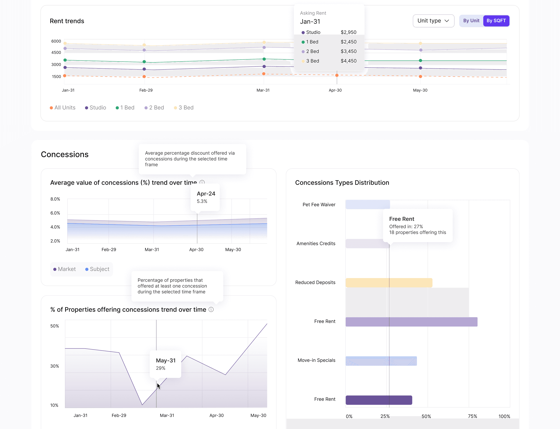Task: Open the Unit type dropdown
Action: (x=433, y=21)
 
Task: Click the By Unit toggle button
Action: (x=471, y=21)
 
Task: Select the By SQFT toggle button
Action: (x=496, y=21)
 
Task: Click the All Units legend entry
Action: (x=63, y=107)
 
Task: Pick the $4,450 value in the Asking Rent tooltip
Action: (x=348, y=61)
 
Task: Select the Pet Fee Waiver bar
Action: (x=368, y=205)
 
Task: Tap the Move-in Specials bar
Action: (x=381, y=361)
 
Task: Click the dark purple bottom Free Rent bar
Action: (x=379, y=400)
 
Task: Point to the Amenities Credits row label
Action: (x=316, y=244)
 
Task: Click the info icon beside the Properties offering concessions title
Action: (x=211, y=310)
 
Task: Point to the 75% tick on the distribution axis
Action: (x=472, y=416)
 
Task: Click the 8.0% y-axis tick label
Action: (x=55, y=199)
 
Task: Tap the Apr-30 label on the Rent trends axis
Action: (x=335, y=90)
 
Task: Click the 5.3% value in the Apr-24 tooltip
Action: (x=202, y=201)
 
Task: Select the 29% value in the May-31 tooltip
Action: (x=161, y=368)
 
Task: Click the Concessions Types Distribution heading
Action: (x=342, y=183)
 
